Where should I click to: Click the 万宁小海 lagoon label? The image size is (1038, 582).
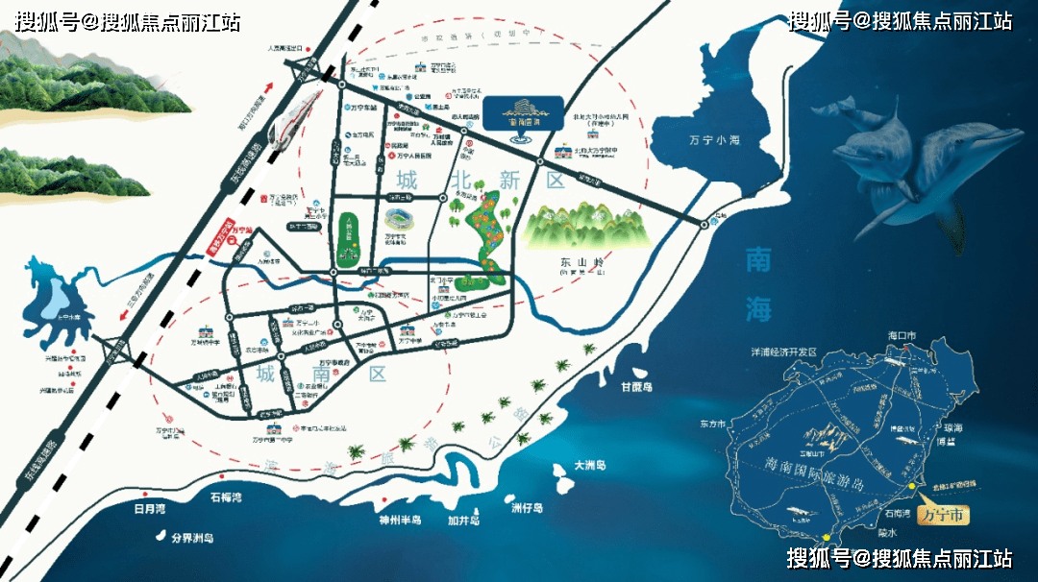(x=715, y=141)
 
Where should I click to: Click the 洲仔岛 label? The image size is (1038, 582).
(x=528, y=507)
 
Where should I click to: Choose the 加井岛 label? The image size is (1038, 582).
(x=464, y=520)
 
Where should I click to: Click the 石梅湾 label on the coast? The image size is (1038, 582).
(x=226, y=497)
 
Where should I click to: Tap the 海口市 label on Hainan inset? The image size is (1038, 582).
(x=903, y=335)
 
